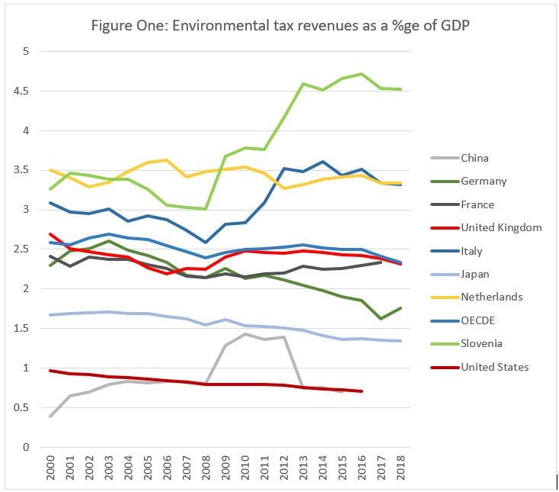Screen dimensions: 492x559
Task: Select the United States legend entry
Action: click(495, 367)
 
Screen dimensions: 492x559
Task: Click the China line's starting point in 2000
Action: click(50, 416)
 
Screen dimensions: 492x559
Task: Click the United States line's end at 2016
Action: click(361, 391)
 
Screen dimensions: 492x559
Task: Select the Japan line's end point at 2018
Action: click(401, 341)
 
